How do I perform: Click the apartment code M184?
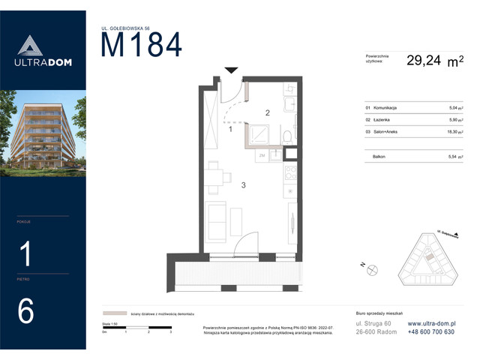(141, 46)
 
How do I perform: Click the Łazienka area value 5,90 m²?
(454, 119)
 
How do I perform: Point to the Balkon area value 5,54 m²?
(454, 156)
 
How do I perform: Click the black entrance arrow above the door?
(232, 70)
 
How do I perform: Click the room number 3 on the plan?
(243, 182)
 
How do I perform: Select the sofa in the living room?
(217, 220)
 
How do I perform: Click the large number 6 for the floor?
(25, 311)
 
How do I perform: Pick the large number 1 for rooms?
(25, 255)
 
